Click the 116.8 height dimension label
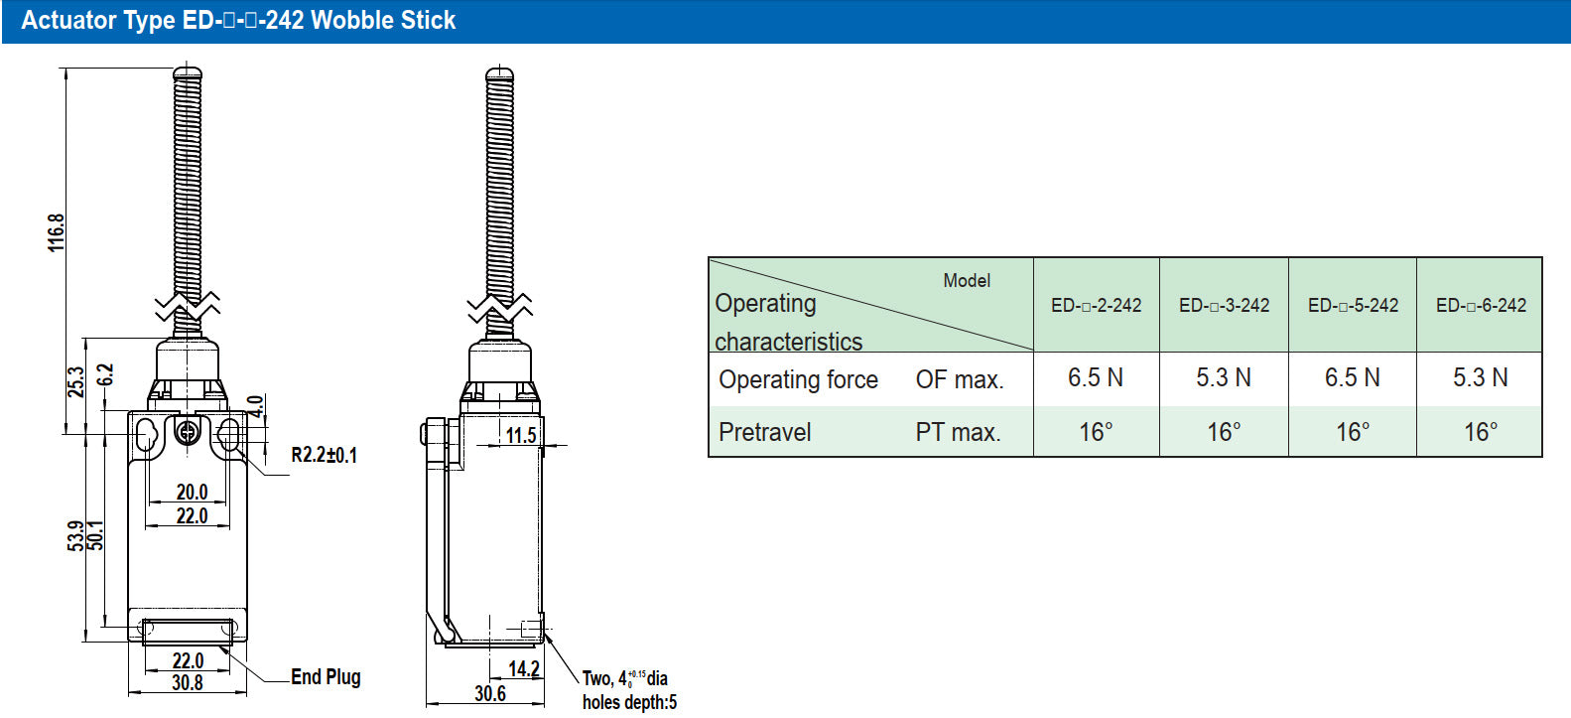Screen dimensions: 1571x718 [57, 232]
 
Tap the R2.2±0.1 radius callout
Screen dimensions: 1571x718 [324, 455]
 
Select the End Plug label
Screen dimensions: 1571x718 [326, 676]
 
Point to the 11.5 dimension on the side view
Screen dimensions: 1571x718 [521, 435]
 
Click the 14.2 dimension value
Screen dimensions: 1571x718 [524, 669]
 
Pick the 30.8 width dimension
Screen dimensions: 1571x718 [188, 682]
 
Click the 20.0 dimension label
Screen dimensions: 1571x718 [192, 492]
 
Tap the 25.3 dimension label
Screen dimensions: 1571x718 [75, 381]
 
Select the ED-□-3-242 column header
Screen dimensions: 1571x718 [1224, 305]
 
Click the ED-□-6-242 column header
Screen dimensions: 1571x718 [1481, 305]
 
